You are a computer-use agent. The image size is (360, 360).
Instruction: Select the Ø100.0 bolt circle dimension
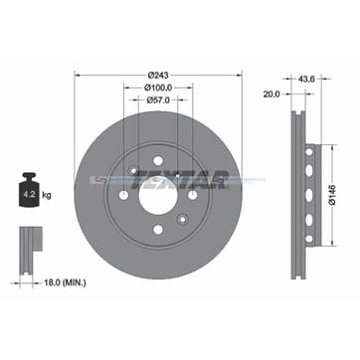[157, 88]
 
